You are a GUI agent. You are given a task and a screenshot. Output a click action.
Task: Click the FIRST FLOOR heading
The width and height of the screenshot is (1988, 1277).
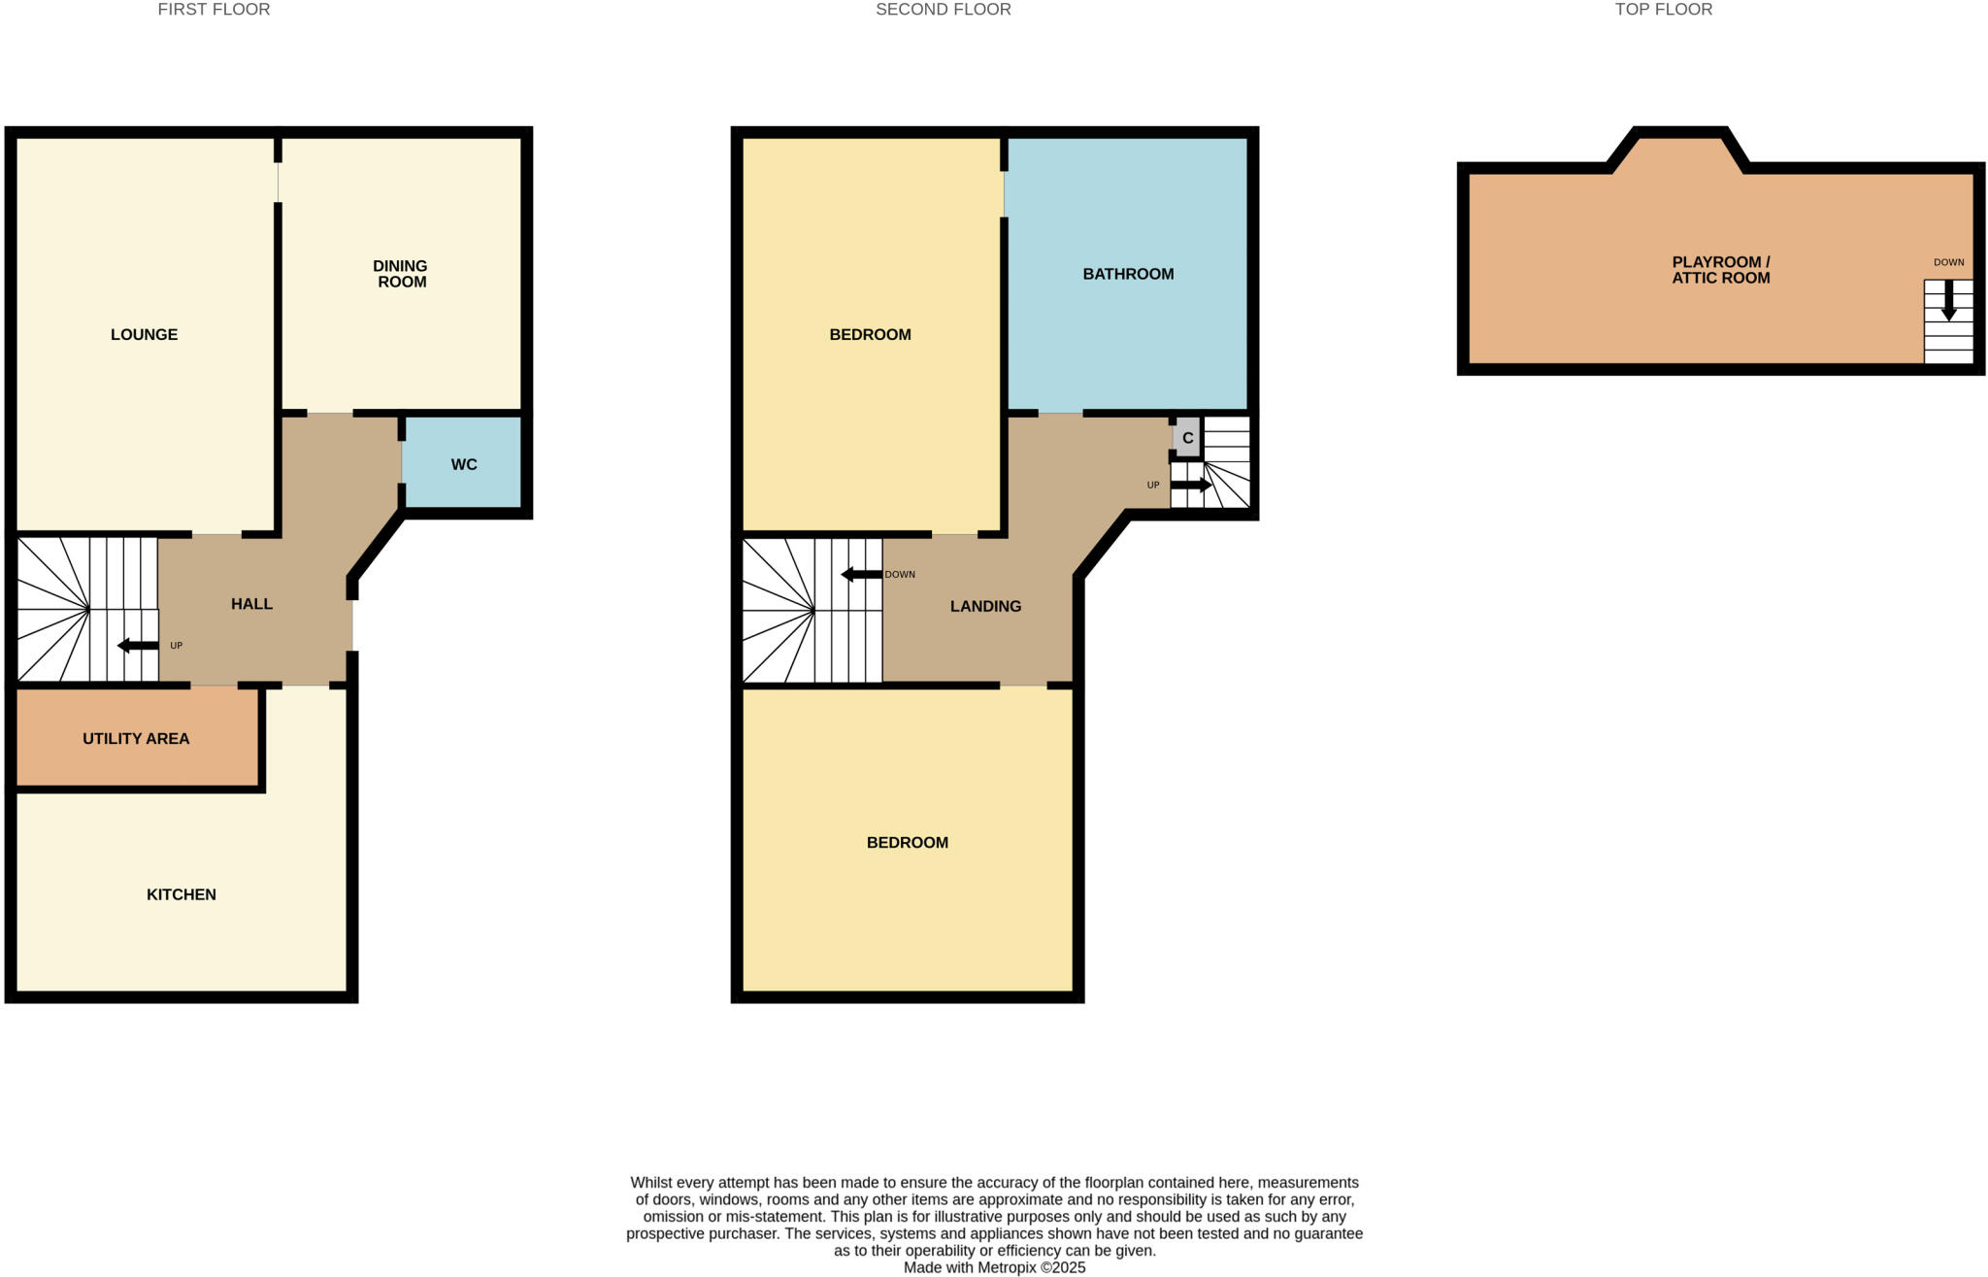(214, 10)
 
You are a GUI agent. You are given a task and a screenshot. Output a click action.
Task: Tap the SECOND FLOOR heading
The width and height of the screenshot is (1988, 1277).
(943, 10)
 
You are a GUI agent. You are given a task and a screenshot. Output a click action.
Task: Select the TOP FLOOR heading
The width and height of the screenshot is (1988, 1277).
(1663, 10)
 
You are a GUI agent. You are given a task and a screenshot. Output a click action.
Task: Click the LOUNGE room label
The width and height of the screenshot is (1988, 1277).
(144, 335)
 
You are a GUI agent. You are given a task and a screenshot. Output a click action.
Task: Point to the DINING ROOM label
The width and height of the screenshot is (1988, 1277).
(401, 274)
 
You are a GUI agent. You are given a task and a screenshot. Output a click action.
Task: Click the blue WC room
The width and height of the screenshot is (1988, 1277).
(463, 464)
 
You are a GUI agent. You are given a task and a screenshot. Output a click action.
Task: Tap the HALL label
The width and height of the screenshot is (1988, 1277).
(251, 604)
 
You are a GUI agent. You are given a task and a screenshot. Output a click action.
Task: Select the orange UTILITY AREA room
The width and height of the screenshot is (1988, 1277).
(136, 739)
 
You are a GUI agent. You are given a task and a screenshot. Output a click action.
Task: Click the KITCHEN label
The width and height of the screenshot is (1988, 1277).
(182, 894)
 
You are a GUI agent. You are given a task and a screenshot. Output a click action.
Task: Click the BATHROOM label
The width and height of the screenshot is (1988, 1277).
(1128, 275)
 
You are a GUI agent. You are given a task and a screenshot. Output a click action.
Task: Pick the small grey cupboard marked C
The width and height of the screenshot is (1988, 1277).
(1187, 438)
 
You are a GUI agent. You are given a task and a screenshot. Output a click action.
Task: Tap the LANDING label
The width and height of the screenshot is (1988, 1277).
(985, 606)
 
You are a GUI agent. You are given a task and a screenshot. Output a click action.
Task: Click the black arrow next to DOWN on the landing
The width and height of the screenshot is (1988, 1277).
(860, 575)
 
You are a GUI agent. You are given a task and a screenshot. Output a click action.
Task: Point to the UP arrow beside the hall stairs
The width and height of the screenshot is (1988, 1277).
(138, 646)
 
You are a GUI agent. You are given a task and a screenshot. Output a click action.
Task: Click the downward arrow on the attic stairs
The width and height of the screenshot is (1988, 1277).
(1947, 302)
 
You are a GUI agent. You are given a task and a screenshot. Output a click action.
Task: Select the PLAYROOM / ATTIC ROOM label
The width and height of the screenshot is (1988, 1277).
(1720, 270)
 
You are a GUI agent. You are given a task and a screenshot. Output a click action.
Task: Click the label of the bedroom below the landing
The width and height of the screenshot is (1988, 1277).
(907, 843)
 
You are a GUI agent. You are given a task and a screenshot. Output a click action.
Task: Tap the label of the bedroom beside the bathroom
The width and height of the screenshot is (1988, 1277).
(870, 335)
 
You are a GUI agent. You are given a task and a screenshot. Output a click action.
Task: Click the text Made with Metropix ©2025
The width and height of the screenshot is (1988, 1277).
(994, 1267)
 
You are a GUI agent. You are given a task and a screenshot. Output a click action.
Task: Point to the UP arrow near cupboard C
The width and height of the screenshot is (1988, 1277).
(1191, 485)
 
